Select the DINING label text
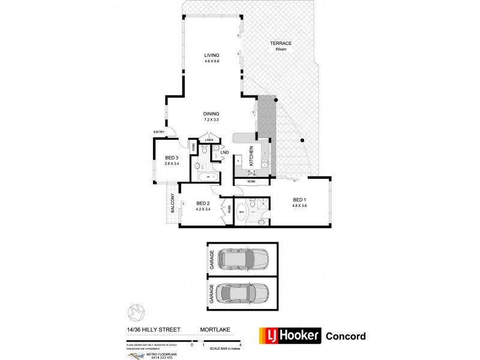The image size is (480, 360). [x=211, y=114]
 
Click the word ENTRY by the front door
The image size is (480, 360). [x=159, y=133]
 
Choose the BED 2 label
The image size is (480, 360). [x=203, y=203]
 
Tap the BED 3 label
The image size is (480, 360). [x=172, y=157]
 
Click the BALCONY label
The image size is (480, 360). [x=172, y=206]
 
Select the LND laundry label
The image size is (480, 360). [x=224, y=152]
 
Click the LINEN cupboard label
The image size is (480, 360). [x=209, y=140]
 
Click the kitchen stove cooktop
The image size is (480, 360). [x=238, y=161]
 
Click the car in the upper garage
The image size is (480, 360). [x=244, y=259]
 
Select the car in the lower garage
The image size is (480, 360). [x=244, y=293]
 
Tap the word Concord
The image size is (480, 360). [x=346, y=336]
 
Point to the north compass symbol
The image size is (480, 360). [x=135, y=313]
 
